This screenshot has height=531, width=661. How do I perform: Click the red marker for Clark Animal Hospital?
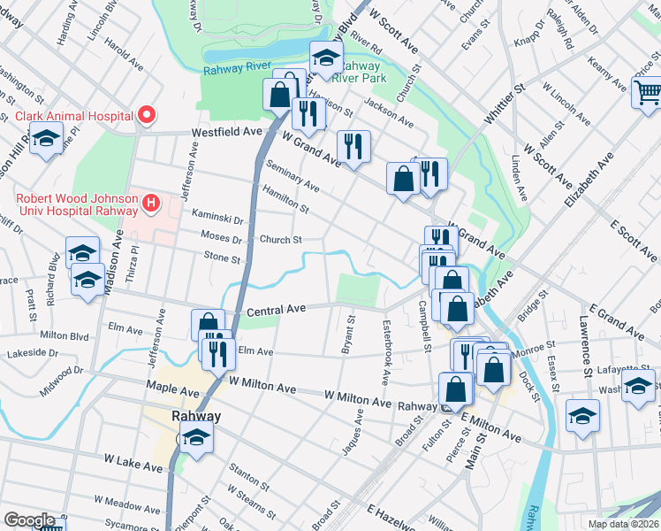(x=147, y=115)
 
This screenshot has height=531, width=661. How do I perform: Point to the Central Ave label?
(x=276, y=310)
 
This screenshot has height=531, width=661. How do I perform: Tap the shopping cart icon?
(x=647, y=90)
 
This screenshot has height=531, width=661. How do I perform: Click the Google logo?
(x=29, y=520)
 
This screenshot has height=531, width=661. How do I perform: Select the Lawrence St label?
(x=584, y=341)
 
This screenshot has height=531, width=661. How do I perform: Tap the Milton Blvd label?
(x=65, y=336)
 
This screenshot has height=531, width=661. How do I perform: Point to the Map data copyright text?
(x=623, y=524)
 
